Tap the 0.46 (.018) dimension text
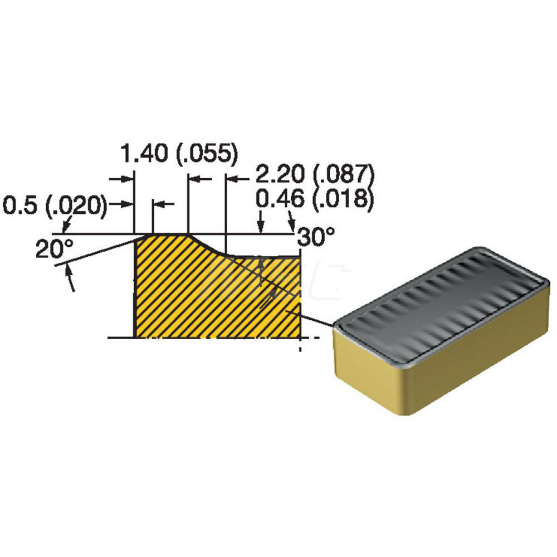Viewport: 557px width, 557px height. click(314, 199)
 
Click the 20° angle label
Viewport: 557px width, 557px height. click(51, 250)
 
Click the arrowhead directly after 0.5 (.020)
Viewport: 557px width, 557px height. click(129, 204)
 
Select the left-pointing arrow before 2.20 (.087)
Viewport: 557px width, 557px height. click(232, 178)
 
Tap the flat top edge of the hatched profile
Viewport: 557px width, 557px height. click(170, 234)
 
